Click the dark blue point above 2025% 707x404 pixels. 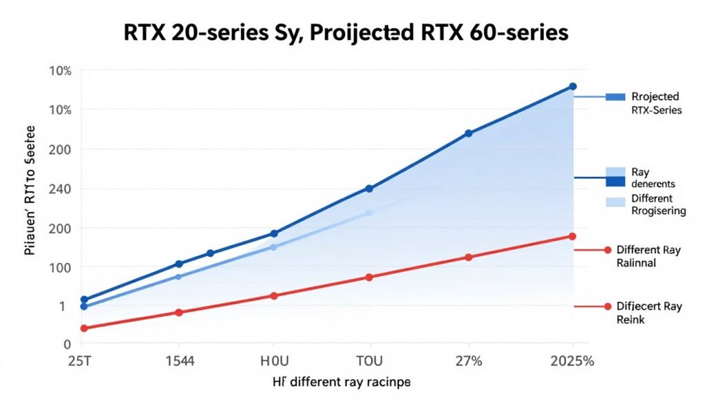click(572, 86)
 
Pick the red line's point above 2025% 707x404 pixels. click(572, 236)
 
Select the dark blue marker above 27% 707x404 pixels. click(468, 133)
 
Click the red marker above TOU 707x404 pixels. click(369, 277)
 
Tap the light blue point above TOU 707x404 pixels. click(369, 213)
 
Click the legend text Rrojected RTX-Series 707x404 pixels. click(655, 103)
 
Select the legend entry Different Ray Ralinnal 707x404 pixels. click(648, 256)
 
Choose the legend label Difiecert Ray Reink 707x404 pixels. click(648, 313)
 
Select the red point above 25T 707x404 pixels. click(84, 328)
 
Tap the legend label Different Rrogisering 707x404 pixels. click(657, 205)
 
